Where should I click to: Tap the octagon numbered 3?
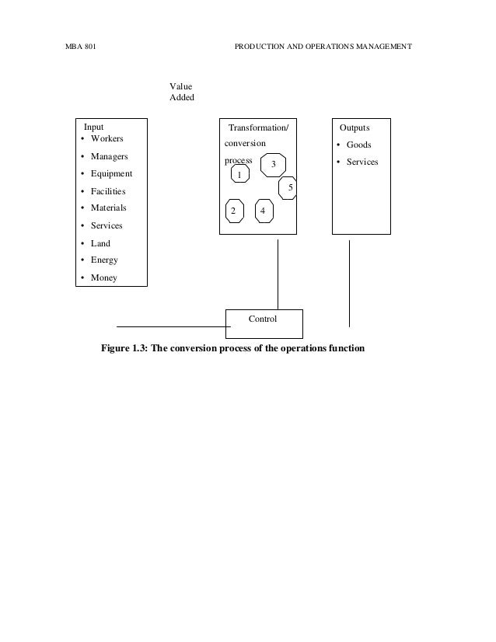pyautogui.click(x=274, y=165)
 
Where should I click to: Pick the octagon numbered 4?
pyautogui.click(x=264, y=211)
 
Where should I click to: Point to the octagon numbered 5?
pyautogui.click(x=288, y=187)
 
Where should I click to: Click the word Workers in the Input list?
pyautogui.click(x=107, y=139)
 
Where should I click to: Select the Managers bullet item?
pyautogui.click(x=109, y=157)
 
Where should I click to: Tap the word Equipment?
pyautogui.click(x=111, y=174)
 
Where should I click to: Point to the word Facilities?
pyautogui.click(x=107, y=191)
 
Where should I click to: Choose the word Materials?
pyautogui.click(x=108, y=208)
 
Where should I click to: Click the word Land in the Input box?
pyautogui.click(x=100, y=243)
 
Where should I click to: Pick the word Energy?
pyautogui.click(x=104, y=260)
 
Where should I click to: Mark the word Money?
pyautogui.click(x=103, y=277)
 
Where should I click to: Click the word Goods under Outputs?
pyautogui.click(x=358, y=145)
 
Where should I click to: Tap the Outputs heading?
pyautogui.click(x=355, y=127)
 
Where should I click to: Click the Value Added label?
pyautogui.click(x=182, y=92)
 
